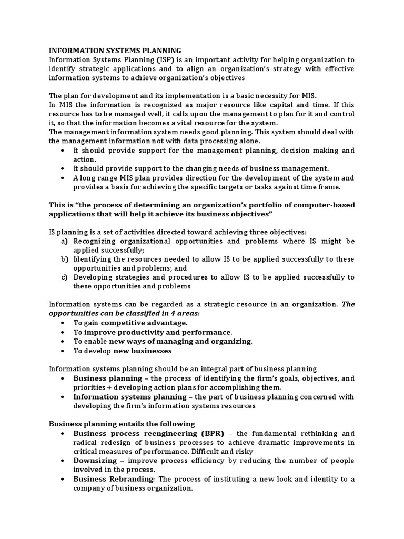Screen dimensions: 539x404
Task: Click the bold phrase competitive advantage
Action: click(144, 323)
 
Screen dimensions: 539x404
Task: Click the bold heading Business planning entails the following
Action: click(122, 424)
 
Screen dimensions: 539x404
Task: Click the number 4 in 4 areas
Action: click(145, 313)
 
